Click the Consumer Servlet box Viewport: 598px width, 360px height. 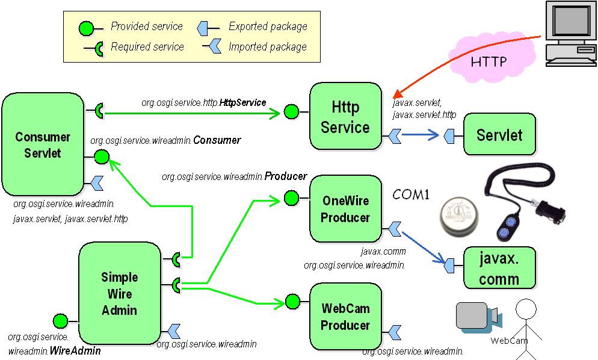click(43, 144)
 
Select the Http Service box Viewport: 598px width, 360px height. click(345, 117)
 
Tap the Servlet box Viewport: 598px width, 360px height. click(499, 135)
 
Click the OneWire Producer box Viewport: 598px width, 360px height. click(345, 209)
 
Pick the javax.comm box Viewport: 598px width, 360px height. click(499, 268)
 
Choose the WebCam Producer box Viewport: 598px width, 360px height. click(345, 317)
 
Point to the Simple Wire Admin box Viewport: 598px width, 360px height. click(120, 293)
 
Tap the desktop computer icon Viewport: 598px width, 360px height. click(569, 33)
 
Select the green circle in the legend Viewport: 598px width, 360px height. click(87, 28)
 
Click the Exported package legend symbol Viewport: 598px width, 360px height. click(208, 27)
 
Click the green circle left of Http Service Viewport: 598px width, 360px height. click(292, 111)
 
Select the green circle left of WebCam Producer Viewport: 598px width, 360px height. click(292, 302)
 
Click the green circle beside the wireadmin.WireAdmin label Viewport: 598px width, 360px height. click(60, 321)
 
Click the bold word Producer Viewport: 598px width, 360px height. click(286, 176)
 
